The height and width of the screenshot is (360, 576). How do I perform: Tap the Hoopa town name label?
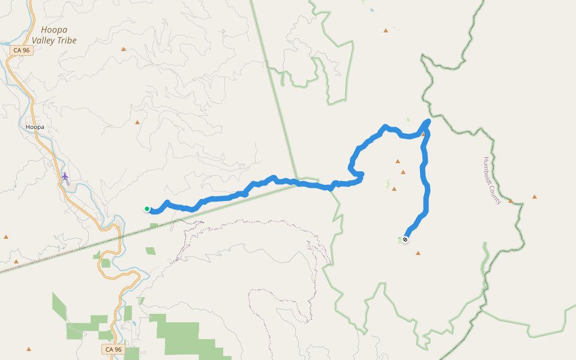pos(35,127)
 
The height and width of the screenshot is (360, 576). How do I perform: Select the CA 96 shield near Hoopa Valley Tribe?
pos(21,50)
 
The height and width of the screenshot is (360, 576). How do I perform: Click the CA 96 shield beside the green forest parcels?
pos(113,349)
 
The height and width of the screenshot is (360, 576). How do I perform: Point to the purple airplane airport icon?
pos(65,176)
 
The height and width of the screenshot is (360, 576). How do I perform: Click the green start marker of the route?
pos(147,209)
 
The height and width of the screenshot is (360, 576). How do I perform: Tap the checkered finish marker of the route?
pos(406,240)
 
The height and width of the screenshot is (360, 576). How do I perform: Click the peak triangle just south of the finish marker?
pos(418,253)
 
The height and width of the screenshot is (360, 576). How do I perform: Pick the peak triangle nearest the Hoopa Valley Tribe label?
pos(124,49)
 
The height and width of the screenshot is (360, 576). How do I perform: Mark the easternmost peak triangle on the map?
pos(534,197)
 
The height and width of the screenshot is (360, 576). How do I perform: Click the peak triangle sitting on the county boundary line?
pos(511,201)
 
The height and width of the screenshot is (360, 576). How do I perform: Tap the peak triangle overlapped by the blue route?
pos(423,134)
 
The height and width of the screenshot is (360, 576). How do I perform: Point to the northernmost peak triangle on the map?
pos(385,30)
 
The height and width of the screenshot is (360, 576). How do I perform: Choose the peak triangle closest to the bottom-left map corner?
pos(29,349)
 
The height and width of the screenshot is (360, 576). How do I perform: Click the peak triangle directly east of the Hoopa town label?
pos(137,122)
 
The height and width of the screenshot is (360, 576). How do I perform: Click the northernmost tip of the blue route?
pos(428,121)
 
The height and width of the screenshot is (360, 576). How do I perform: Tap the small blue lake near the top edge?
pos(371,10)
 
